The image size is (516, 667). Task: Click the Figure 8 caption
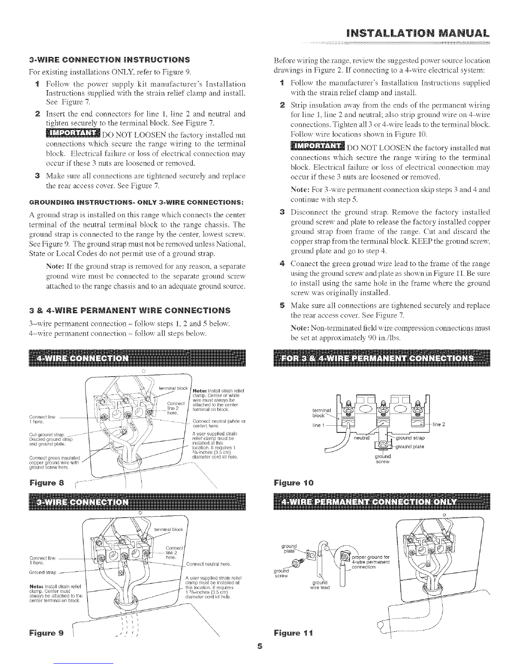(x=45, y=493)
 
